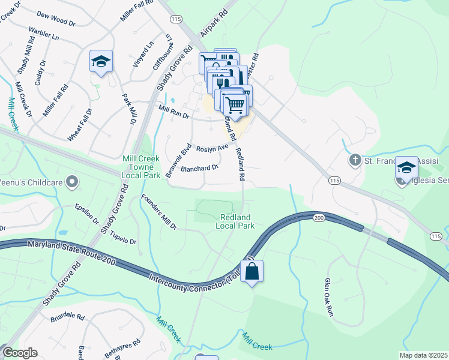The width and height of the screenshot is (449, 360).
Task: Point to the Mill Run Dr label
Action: click(173, 112)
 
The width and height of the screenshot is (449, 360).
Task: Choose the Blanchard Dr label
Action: click(199, 169)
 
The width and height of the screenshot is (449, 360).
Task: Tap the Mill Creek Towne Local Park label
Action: click(140, 167)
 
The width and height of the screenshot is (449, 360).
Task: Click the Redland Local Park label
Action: click(235, 221)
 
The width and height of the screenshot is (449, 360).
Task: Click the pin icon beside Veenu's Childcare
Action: click(72, 181)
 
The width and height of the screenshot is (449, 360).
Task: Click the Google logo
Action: click(19, 353)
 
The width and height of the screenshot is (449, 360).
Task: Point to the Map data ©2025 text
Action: click(423, 355)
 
